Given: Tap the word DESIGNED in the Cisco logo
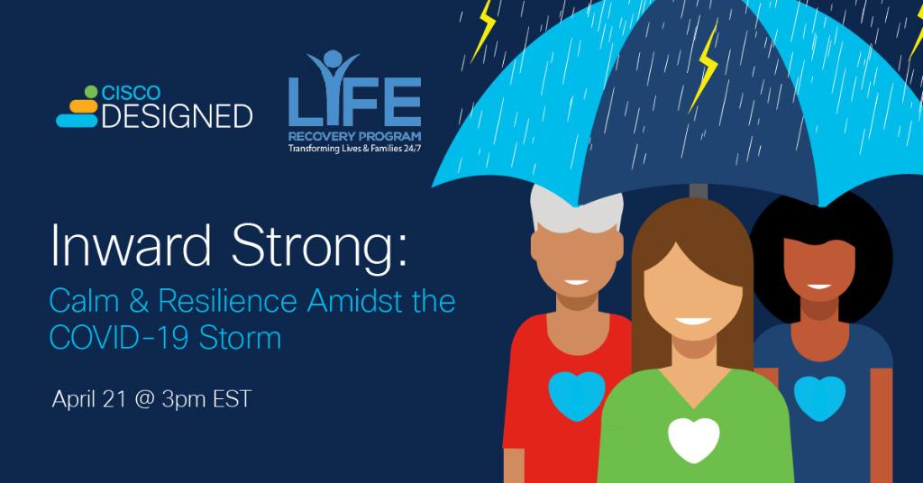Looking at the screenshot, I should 177,115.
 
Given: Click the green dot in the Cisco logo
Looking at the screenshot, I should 89,90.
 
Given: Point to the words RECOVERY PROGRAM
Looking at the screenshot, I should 352,138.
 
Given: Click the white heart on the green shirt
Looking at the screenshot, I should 693,439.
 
